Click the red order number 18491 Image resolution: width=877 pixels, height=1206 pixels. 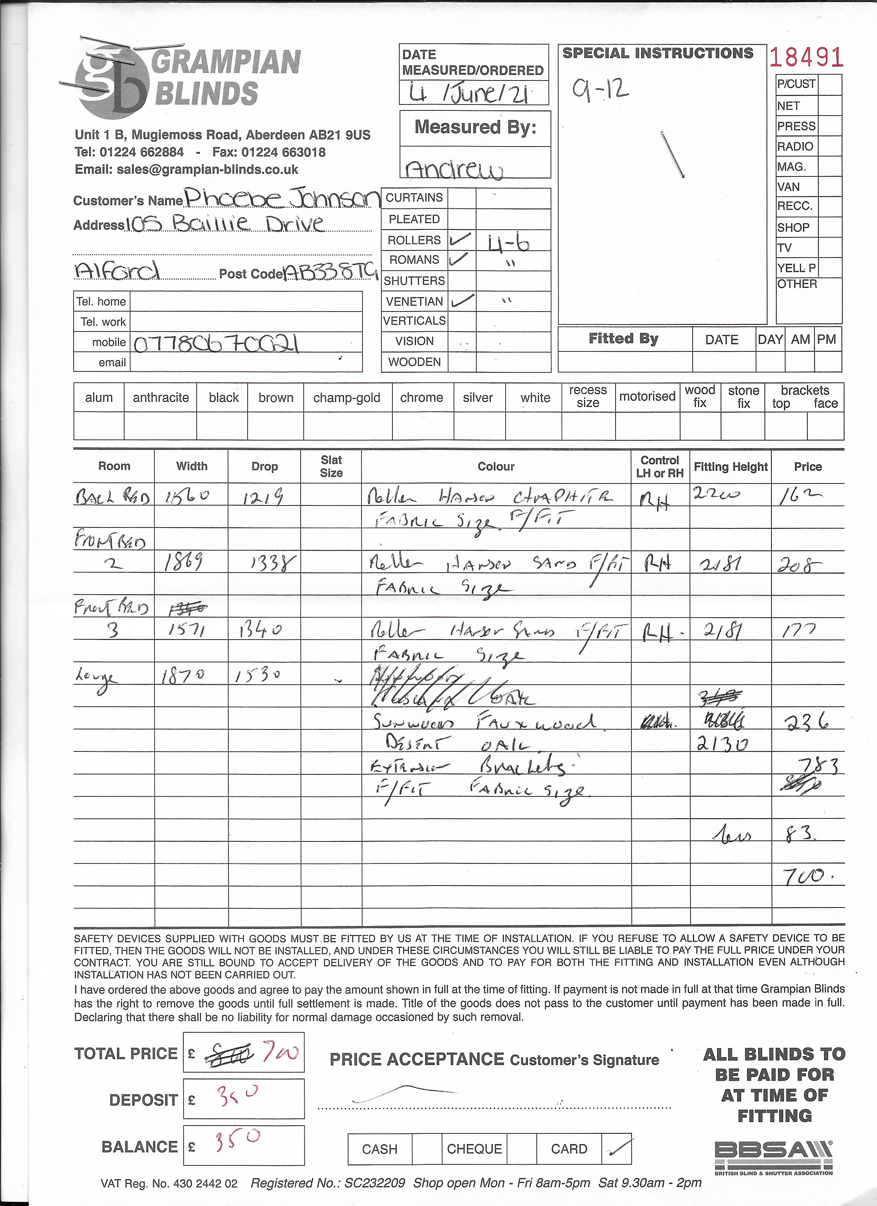click(806, 57)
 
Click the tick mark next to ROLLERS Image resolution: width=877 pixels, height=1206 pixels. click(460, 240)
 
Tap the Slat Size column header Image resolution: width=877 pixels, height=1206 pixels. click(331, 466)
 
